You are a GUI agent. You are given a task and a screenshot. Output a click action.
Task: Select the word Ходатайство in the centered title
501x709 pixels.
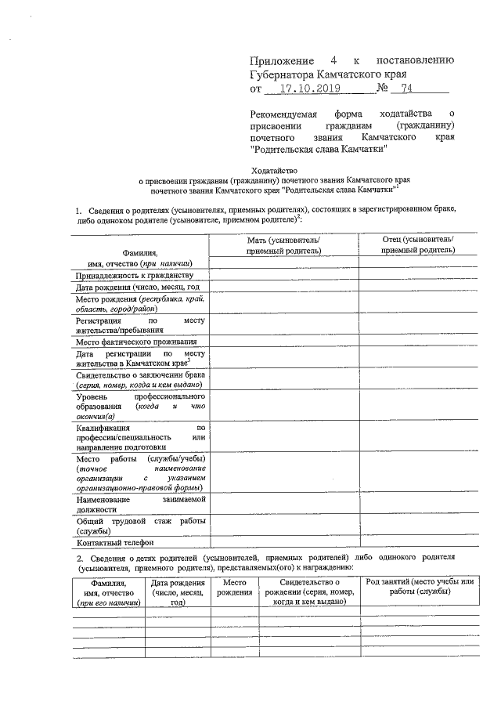(274, 169)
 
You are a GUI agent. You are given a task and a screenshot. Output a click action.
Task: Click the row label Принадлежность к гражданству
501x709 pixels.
(133, 276)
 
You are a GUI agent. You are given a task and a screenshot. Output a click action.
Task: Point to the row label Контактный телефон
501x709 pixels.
(114, 542)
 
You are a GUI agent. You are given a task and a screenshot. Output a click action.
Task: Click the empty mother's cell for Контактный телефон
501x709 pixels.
(283, 542)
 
